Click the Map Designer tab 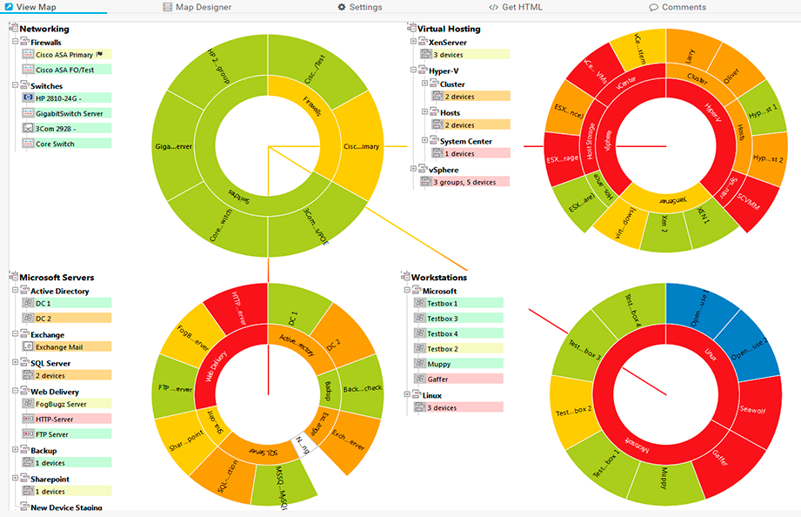click(197, 7)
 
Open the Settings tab click(360, 7)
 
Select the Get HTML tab click(516, 7)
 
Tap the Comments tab click(678, 7)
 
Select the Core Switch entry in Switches click(56, 144)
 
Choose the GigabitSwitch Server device click(70, 113)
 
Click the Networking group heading click(44, 30)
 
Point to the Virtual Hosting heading click(449, 30)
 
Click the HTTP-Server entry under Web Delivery click(56, 420)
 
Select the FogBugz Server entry click(61, 404)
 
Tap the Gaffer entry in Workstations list click(437, 379)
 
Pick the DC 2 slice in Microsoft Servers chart click(335, 346)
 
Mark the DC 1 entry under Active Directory click(43, 304)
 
